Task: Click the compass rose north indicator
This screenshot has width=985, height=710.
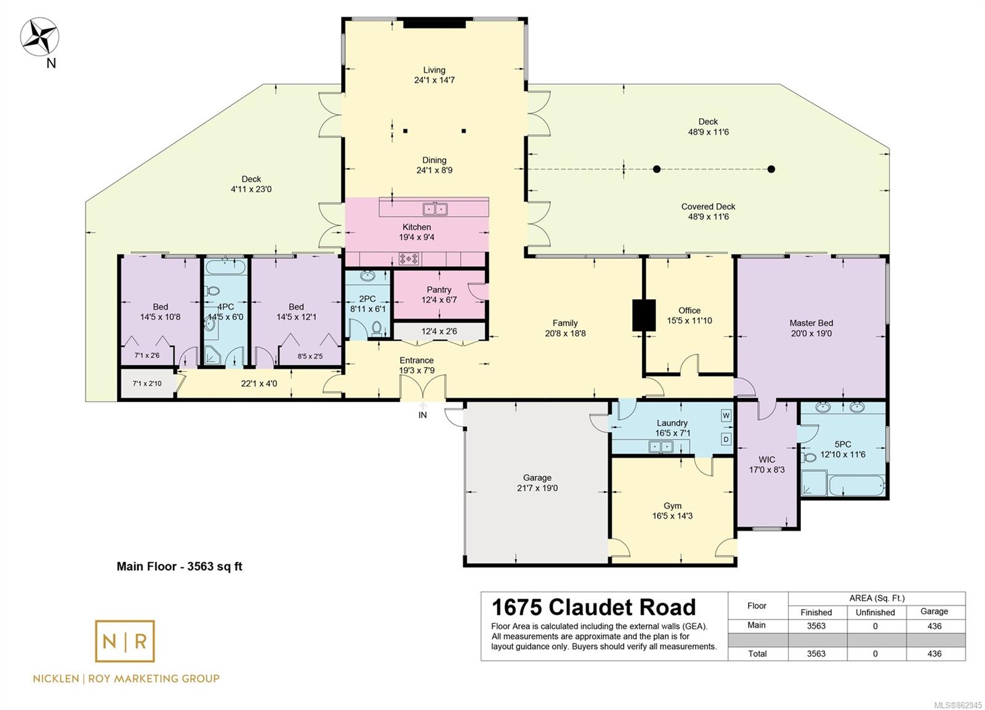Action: (x=39, y=37)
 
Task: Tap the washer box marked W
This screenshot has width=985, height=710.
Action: (x=726, y=415)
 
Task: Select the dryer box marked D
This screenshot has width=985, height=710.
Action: (x=726, y=439)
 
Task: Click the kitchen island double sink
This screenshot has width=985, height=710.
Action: (x=435, y=209)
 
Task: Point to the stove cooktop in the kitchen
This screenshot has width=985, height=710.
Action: (x=409, y=259)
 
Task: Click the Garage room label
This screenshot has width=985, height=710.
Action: (x=537, y=478)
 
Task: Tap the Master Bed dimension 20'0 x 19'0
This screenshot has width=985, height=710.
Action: (x=811, y=333)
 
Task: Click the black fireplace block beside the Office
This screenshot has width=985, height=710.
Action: (x=644, y=315)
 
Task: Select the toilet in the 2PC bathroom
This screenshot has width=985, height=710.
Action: (x=377, y=328)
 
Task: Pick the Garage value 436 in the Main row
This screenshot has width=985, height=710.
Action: (x=934, y=626)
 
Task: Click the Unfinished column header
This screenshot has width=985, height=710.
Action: (x=875, y=612)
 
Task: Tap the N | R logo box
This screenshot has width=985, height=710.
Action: (x=125, y=641)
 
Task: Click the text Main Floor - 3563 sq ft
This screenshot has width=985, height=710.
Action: (x=179, y=567)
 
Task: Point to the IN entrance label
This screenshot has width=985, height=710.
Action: (x=422, y=415)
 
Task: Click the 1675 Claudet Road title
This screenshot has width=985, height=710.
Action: (x=593, y=608)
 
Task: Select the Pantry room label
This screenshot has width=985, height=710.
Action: (x=439, y=289)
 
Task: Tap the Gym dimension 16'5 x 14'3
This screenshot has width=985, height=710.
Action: (x=672, y=515)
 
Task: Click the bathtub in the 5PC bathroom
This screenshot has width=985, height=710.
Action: (x=856, y=485)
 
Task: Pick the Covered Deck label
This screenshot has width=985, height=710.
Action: (x=708, y=206)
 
